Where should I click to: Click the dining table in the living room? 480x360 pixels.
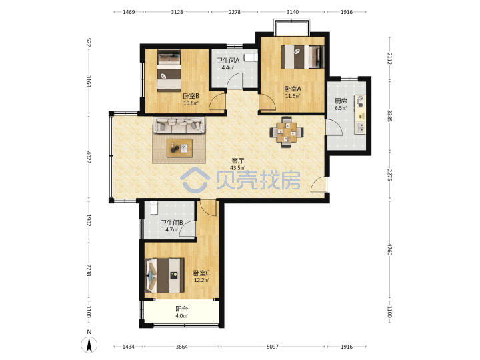287,132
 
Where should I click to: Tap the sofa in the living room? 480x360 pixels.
179,125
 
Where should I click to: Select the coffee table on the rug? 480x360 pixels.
179,148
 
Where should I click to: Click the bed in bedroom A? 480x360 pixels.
303,57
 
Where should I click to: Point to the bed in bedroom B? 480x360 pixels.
169,71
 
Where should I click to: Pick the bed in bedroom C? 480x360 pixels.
165,275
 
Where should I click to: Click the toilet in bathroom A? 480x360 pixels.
251,58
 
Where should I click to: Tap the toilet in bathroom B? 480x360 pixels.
153,207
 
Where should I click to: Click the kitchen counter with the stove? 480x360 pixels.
361,115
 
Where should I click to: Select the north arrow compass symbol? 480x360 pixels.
89,343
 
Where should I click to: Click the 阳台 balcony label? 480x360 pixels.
181,309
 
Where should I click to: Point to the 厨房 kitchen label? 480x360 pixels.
341,101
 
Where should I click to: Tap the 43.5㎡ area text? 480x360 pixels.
238,168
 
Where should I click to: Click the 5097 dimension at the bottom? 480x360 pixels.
273,347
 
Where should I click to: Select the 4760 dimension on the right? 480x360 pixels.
389,249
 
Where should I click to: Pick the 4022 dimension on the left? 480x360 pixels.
89,157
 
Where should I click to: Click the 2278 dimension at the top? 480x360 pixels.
235,12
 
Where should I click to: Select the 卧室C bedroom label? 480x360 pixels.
201,273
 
